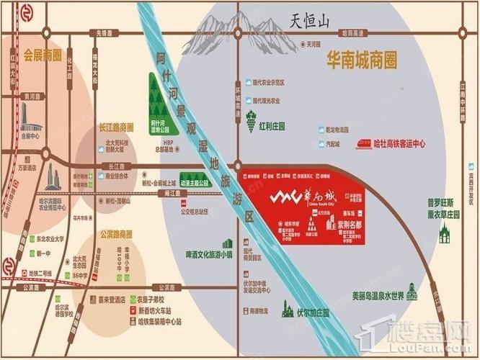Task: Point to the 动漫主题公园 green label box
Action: (x=194, y=184)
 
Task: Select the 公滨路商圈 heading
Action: (x=116, y=234)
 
